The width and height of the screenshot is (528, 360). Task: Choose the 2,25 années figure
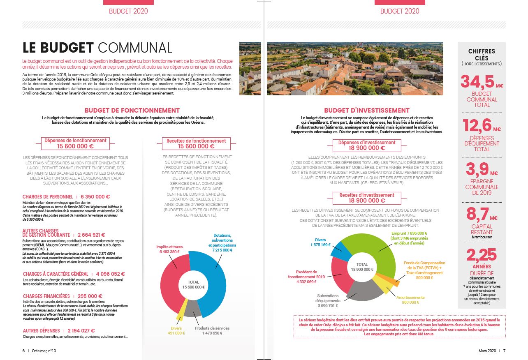click(x=481, y=255)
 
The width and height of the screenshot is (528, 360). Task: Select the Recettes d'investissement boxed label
click(x=367, y=198)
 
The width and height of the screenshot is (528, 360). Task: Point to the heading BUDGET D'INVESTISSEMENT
click(x=367, y=110)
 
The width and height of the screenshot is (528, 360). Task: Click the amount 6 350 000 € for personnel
click(x=95, y=197)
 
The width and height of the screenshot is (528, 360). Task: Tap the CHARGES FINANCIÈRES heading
click(x=46, y=296)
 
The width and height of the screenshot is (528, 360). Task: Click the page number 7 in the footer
click(x=505, y=351)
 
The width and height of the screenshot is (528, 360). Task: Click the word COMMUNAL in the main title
click(x=135, y=48)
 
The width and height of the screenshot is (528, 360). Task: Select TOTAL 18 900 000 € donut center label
click(x=362, y=267)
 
